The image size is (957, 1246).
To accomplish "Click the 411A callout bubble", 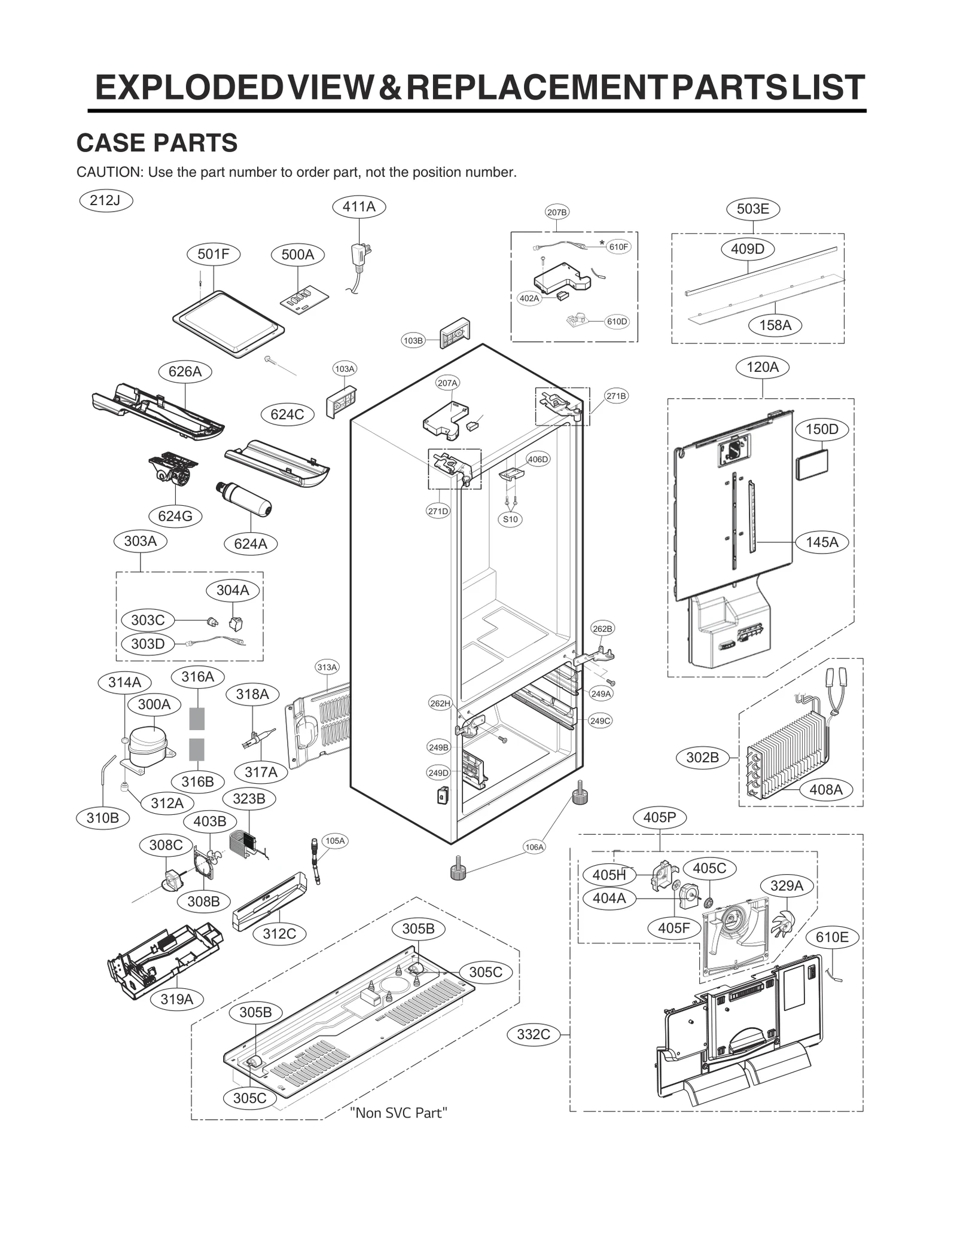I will coord(359,207).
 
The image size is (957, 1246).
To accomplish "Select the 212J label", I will coord(105,200).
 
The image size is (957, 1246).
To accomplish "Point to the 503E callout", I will coord(752,209).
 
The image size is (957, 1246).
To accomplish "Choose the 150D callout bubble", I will coord(821,429).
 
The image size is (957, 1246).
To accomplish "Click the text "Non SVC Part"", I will coord(398,1113).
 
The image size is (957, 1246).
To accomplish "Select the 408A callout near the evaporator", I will coord(825,789).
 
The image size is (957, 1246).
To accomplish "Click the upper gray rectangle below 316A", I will coord(197,719).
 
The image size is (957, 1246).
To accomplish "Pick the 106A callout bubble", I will coord(534,847).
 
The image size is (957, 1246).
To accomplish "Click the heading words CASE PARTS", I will coord(157,143).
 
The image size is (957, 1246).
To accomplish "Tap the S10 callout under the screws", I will coord(510,519).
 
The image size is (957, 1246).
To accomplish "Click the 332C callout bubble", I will coord(533,1034).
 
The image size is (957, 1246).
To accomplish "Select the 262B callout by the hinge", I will coord(602,629).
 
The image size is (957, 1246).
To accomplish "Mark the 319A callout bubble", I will coord(176,999).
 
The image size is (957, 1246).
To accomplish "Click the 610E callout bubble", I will coord(831,937).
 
